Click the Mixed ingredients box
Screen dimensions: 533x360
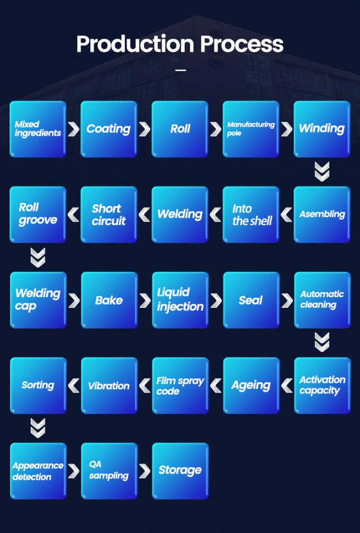point(38,129)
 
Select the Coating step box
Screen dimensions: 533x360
point(109,129)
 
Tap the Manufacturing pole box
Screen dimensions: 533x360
point(250,129)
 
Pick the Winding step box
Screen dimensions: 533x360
point(322,129)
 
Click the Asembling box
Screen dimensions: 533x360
point(322,214)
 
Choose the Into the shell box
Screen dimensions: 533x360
point(251,214)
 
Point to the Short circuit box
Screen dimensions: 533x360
point(109,214)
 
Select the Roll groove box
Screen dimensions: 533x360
point(38,214)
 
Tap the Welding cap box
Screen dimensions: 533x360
point(38,300)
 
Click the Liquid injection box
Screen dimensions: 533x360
point(180,300)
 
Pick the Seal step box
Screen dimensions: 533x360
point(251,300)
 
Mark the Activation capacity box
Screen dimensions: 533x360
point(322,385)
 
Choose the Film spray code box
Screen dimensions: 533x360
point(180,385)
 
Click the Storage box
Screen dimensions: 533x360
point(180,470)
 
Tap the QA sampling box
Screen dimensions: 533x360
point(109,470)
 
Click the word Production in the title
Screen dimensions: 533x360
point(131,44)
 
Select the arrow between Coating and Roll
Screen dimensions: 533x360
point(145,129)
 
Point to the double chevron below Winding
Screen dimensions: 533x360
point(322,172)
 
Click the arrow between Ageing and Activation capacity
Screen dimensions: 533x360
point(286,385)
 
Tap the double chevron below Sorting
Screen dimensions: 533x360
point(38,428)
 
